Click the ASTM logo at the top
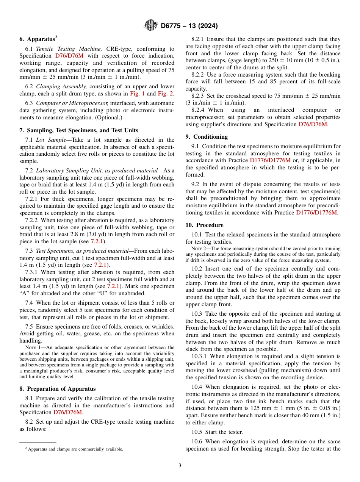[x=151, y=26]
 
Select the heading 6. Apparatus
[x=38, y=39]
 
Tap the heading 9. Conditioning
[x=207, y=136]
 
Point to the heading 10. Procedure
[x=204, y=225]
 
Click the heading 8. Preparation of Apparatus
[x=57, y=388]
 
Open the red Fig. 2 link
[x=166, y=94]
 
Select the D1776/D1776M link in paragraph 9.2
[x=316, y=212]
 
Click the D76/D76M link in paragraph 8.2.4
[x=313, y=124]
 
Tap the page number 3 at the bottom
[x=180, y=465]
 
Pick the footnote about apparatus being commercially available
[x=74, y=449]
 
